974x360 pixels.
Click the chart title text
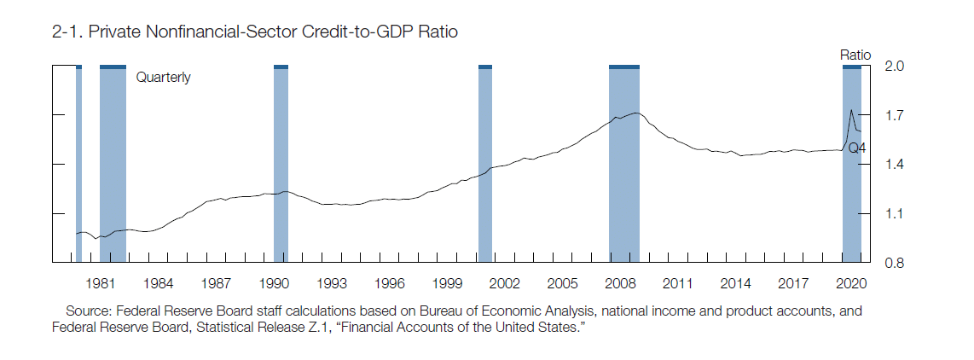pyautogui.click(x=255, y=33)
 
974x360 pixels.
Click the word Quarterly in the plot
pyautogui.click(x=164, y=78)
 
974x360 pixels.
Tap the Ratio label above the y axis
pyautogui.click(x=855, y=55)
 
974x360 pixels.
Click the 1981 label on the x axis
pyautogui.click(x=101, y=282)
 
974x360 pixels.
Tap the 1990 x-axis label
pyautogui.click(x=274, y=282)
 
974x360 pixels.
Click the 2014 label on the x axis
pyautogui.click(x=735, y=282)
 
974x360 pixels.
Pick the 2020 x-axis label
pyautogui.click(x=850, y=282)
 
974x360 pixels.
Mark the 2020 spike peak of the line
pyautogui.click(x=851, y=110)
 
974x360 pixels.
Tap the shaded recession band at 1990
pyautogui.click(x=281, y=162)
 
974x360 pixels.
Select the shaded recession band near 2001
pyautogui.click(x=485, y=162)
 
